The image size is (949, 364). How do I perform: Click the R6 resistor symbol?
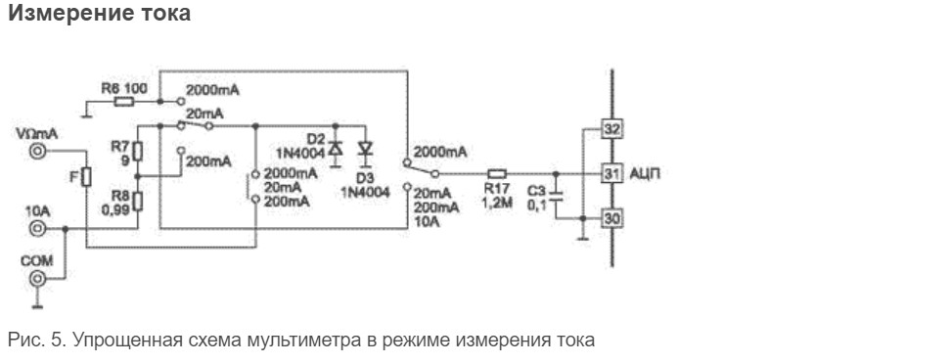[124, 102]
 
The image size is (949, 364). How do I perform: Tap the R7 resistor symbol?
[137, 151]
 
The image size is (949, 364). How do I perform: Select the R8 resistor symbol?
[137, 201]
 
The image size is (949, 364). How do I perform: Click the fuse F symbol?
[86, 177]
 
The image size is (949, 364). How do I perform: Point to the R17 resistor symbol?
[497, 174]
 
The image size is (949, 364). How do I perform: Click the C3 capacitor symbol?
[557, 196]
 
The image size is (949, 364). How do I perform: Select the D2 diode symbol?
[336, 149]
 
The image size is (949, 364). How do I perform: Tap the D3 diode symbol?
[365, 149]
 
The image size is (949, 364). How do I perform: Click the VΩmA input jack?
[37, 151]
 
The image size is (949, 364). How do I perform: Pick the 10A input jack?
[37, 229]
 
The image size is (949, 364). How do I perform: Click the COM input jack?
[37, 279]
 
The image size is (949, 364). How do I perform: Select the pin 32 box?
[611, 129]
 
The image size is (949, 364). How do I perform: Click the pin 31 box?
[611, 174]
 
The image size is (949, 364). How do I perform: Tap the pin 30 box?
[611, 218]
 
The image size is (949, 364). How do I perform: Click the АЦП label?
[645, 174]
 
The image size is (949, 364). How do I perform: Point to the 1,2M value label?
[497, 203]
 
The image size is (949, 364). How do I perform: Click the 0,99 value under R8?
[116, 211]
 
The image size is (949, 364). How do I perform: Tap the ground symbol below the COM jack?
[37, 304]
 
